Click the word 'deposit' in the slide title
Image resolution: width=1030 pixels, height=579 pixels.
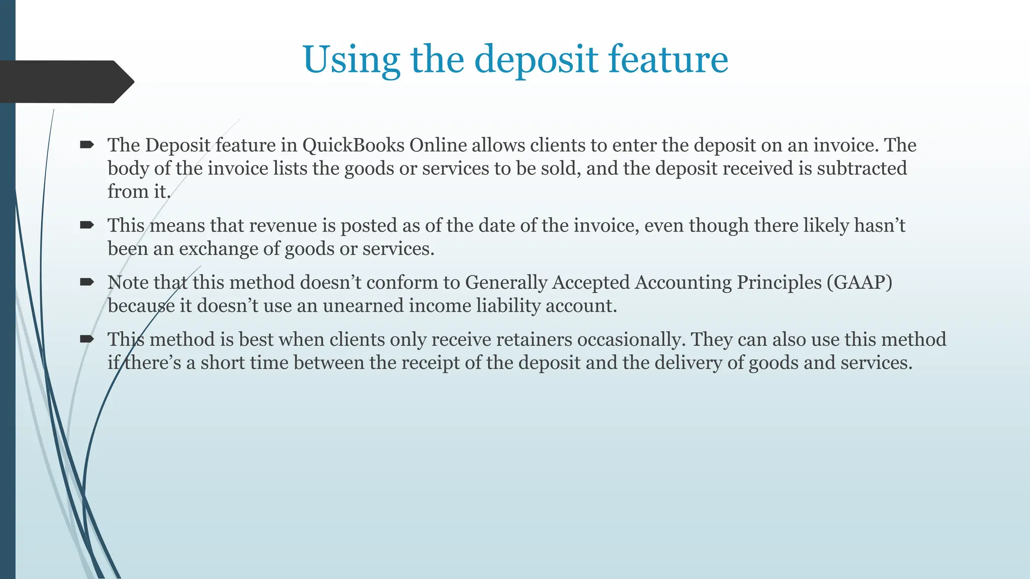pos(536,60)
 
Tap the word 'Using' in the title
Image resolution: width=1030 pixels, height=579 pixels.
pos(351,60)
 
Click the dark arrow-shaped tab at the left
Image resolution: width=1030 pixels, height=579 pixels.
pos(65,81)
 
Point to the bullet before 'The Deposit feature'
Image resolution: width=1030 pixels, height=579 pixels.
pos(87,145)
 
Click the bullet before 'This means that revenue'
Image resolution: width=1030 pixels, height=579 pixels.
pos(87,226)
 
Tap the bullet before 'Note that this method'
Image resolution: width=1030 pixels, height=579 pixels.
pos(87,282)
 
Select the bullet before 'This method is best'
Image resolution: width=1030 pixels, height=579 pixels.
pos(87,339)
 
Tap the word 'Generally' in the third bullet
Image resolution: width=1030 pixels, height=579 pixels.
pos(506,282)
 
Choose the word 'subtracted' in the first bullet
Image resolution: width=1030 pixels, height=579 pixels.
pos(862,168)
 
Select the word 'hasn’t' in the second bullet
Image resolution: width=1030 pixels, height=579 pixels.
pos(880,226)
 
